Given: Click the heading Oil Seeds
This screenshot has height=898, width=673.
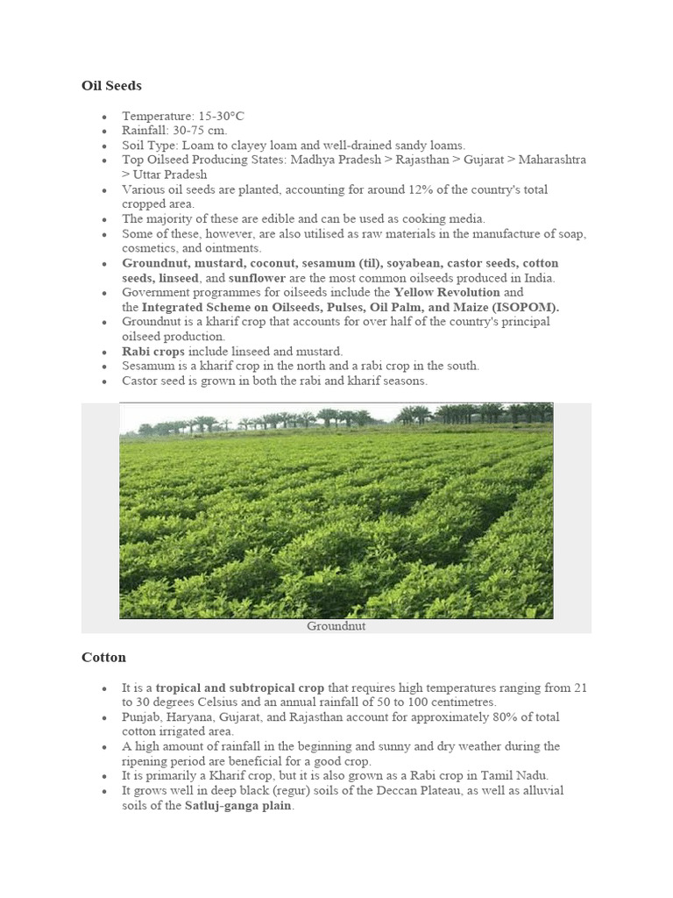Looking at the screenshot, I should tap(111, 86).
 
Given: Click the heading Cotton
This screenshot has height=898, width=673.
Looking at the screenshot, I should tap(103, 657).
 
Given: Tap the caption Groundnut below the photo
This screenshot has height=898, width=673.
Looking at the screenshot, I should tap(336, 626).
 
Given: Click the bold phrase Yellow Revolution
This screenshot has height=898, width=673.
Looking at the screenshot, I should tap(447, 292).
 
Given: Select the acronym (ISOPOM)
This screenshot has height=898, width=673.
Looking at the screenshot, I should tap(524, 307).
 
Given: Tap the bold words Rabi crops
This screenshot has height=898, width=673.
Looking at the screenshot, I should tap(153, 351).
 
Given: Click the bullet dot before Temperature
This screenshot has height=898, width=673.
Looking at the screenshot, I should tap(104, 117).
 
